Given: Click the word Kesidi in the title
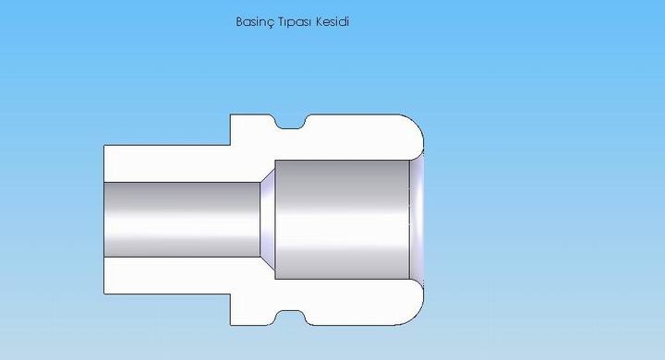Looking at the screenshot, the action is click(332, 21).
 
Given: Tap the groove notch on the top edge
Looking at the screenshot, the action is click(291, 122).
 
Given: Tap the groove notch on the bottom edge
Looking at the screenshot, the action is click(291, 318).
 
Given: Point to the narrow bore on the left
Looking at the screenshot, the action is click(182, 220).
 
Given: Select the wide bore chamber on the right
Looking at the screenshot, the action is click(343, 220).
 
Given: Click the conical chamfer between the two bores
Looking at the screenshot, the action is click(268, 220).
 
